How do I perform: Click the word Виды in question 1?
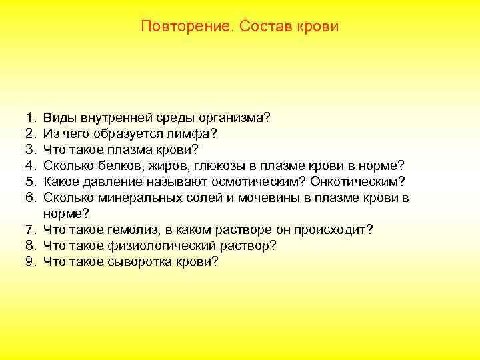pyautogui.click(x=59, y=118)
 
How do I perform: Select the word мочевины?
pyautogui.click(x=242, y=198)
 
